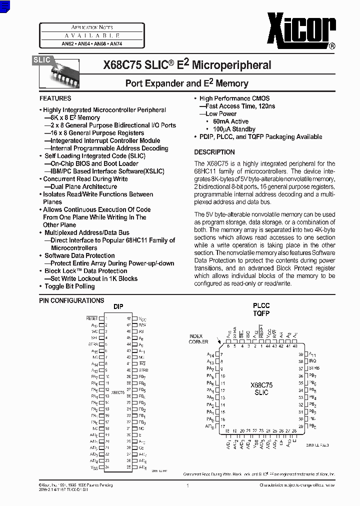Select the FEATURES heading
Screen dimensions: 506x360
55,98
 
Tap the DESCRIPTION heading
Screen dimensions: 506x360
214,152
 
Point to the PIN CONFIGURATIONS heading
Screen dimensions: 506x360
71,300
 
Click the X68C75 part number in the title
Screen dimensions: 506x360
122,65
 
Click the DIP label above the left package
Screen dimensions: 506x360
118,307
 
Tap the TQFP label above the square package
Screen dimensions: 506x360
261,314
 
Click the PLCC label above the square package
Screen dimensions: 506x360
261,305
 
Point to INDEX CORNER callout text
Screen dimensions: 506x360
198,338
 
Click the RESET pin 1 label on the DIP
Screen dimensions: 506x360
92,318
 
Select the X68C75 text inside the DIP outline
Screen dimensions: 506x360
118,393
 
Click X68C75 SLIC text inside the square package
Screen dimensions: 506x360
261,388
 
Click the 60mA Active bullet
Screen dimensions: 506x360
230,121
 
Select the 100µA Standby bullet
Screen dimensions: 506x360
234,129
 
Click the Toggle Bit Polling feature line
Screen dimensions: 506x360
69,286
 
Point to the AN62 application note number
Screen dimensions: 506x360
67,44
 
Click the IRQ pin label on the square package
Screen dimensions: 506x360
312,361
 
